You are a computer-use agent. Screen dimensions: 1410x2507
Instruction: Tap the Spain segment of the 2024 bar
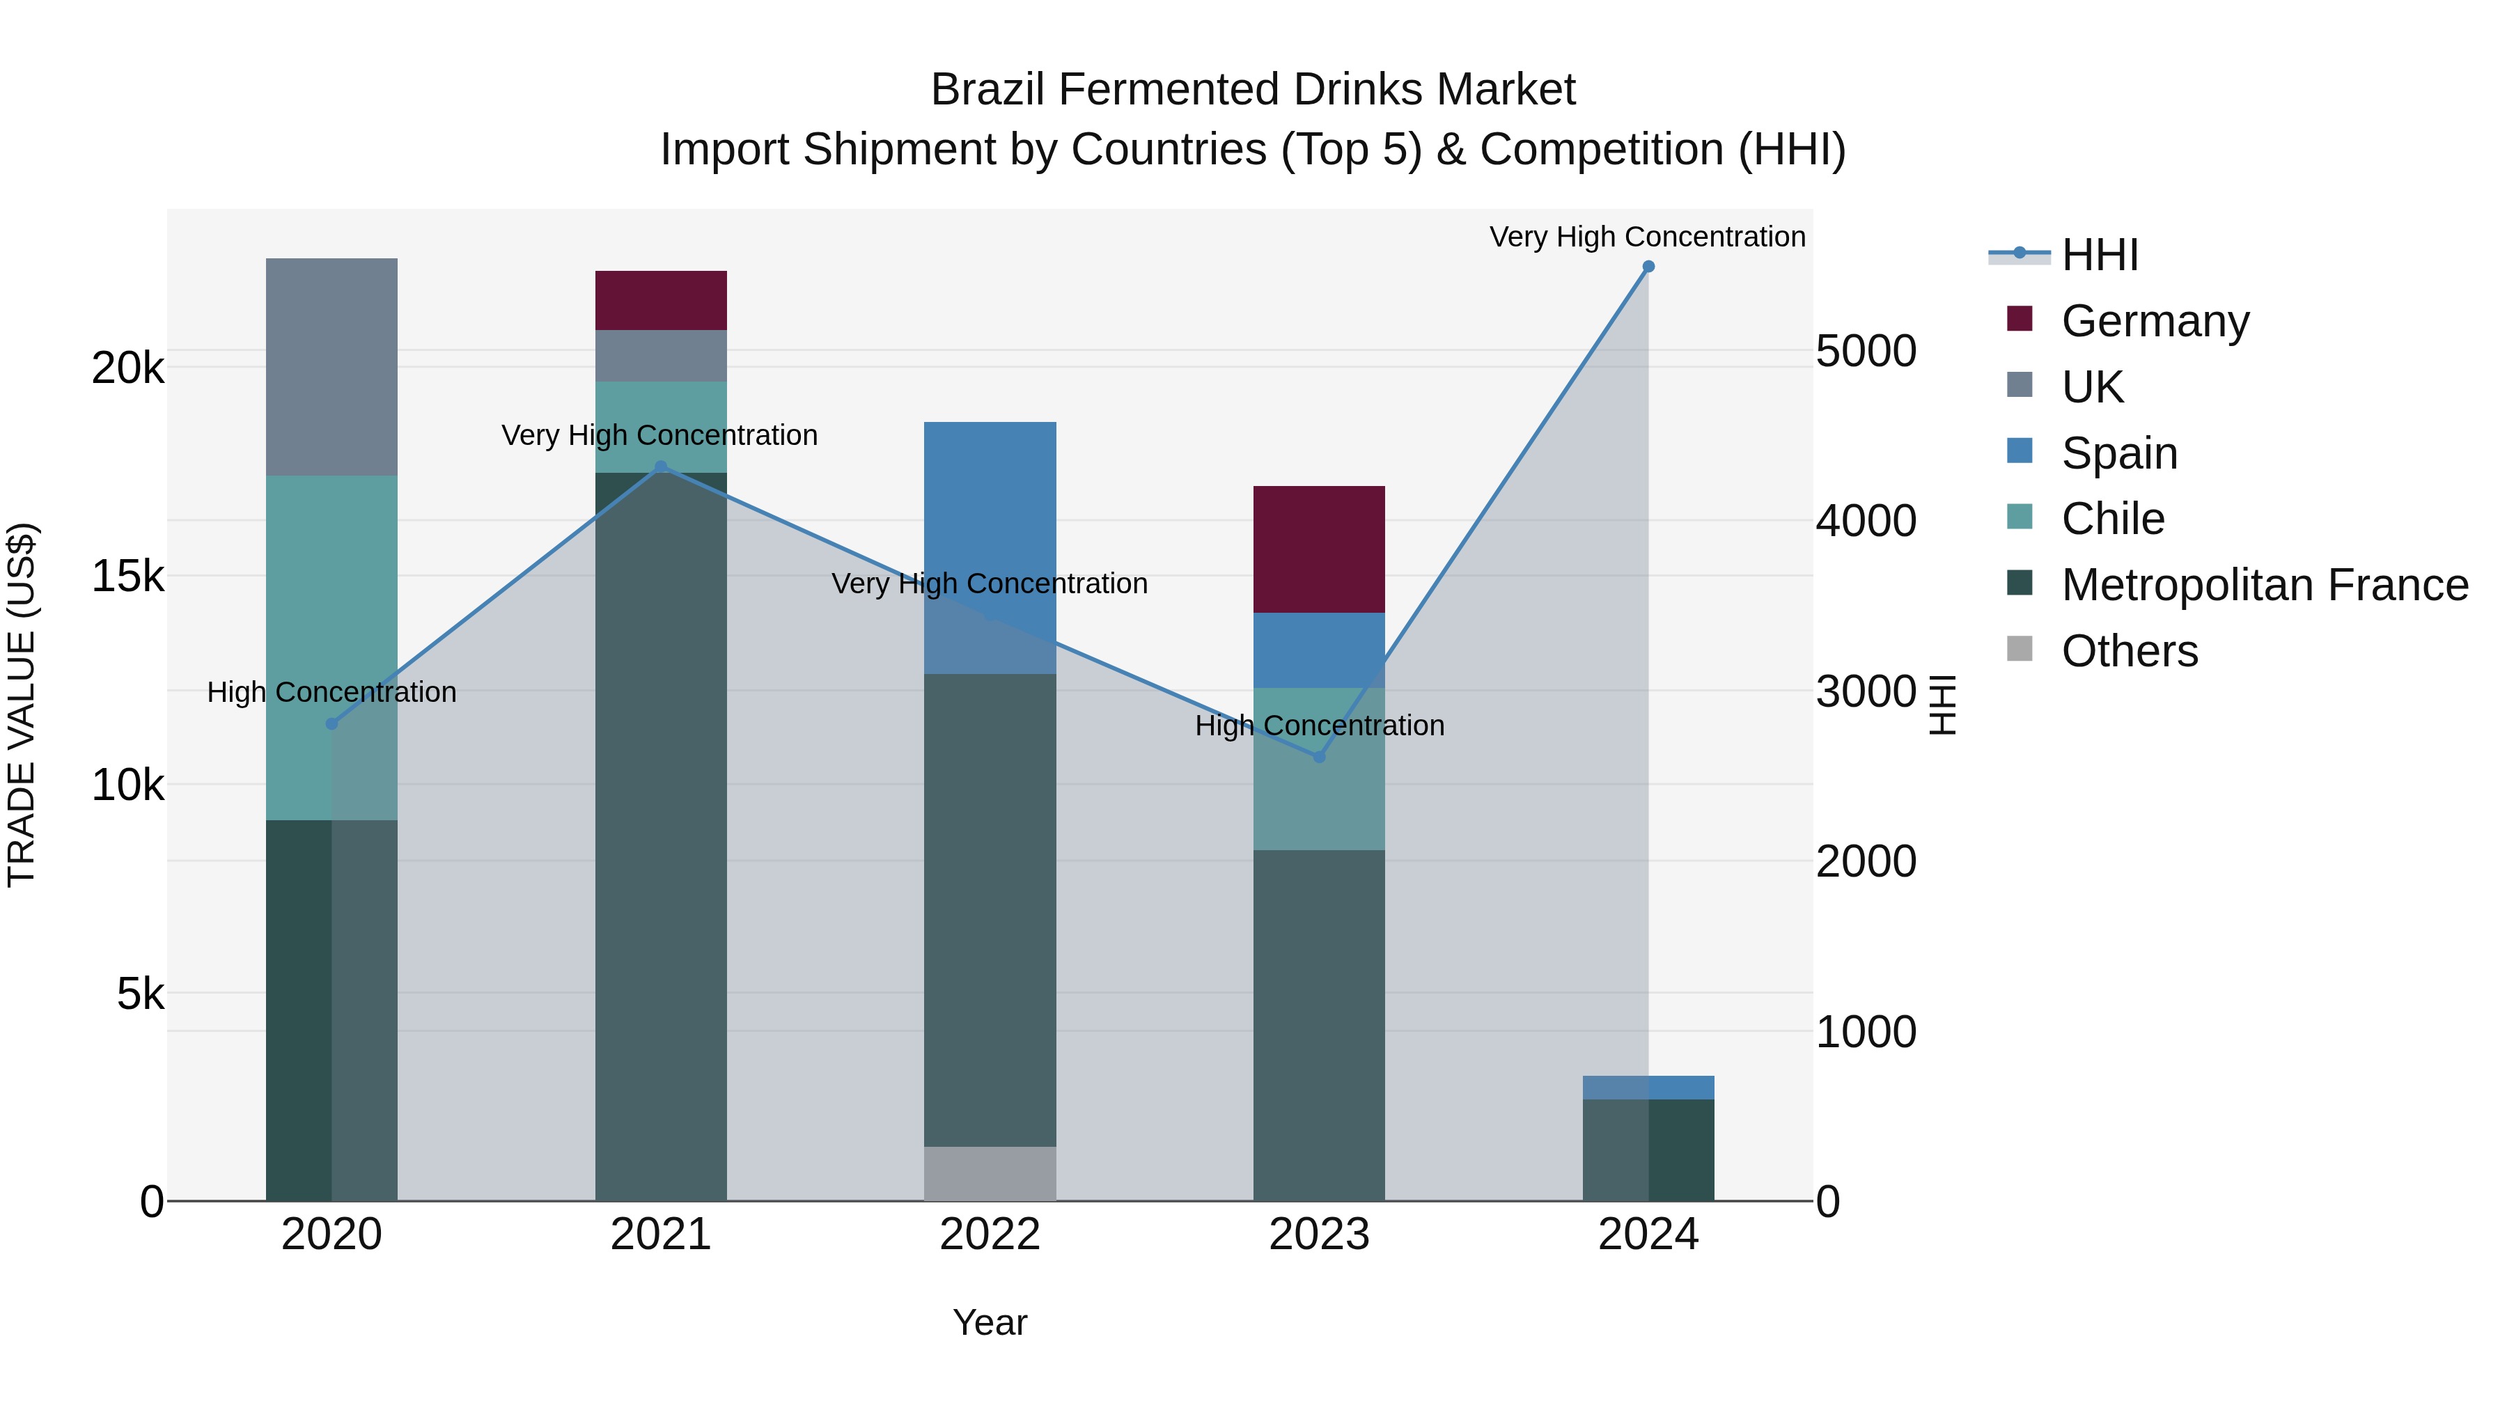tap(1648, 1087)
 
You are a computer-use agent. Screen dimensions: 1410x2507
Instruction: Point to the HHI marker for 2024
tap(1648, 267)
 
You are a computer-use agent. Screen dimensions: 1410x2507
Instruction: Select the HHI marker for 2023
tap(1319, 757)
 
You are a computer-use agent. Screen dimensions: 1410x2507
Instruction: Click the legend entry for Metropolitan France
tap(2264, 585)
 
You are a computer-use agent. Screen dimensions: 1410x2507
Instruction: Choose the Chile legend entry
tap(2112, 519)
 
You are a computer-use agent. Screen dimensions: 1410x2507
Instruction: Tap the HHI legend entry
tap(2098, 255)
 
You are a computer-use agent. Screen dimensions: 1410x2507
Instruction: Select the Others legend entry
tap(2128, 651)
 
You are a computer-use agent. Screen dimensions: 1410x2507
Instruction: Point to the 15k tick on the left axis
tap(128, 576)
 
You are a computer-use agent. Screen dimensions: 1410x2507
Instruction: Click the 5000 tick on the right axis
tap(1866, 352)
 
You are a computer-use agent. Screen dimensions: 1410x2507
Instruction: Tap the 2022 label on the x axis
tap(990, 1235)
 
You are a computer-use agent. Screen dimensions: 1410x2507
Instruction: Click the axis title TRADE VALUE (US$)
tap(22, 705)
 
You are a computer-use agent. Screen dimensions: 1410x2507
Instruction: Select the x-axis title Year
tap(990, 1322)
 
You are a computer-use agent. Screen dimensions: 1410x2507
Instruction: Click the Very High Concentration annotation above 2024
tap(1647, 237)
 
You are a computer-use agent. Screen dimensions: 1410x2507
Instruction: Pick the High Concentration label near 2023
tap(1319, 726)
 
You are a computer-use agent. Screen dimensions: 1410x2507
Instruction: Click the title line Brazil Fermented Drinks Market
tap(1253, 90)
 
